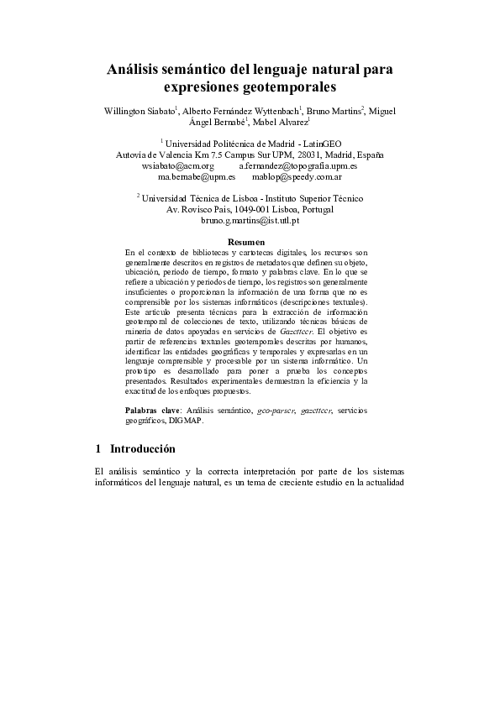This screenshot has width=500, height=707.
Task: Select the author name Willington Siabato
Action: [139, 111]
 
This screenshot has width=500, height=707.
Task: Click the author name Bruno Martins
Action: [333, 111]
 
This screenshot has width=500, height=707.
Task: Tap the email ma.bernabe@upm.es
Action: [190, 177]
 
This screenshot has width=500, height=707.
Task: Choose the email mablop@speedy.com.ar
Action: [290, 177]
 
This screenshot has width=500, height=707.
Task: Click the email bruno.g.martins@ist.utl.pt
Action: [250, 220]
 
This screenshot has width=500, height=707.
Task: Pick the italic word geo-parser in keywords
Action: [281, 410]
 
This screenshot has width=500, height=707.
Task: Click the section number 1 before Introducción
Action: [98, 449]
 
